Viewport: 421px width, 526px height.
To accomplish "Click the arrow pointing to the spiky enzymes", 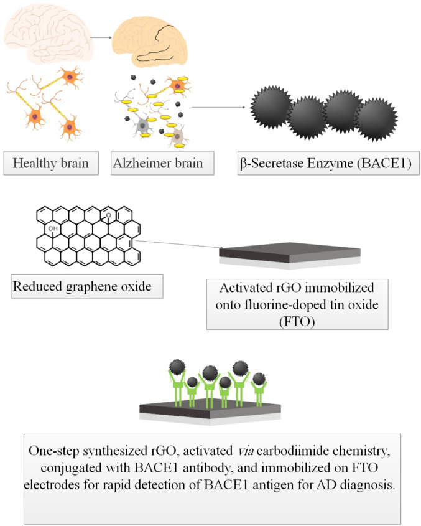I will pyautogui.click(x=218, y=107).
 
